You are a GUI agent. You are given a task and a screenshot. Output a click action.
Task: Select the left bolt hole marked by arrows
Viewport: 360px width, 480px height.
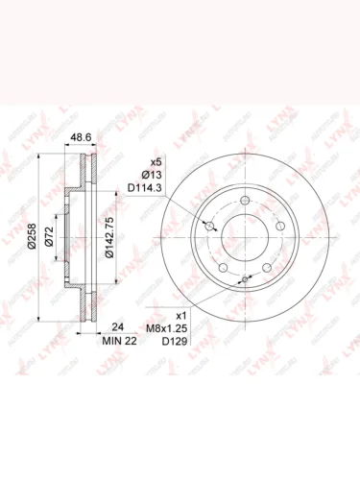(209, 228)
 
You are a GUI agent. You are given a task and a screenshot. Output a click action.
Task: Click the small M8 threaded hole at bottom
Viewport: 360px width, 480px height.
(246, 279)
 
